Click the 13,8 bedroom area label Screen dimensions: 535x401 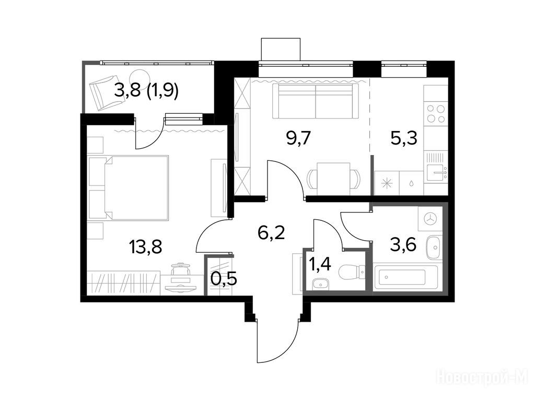point(146,246)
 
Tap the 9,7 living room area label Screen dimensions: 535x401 point(298,139)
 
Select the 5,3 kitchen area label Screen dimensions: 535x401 point(404,138)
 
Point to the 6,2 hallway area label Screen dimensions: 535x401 point(271,233)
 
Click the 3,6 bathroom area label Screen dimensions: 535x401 point(403,244)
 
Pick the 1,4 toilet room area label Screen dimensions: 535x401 point(319,264)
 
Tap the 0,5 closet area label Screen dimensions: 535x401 point(224,279)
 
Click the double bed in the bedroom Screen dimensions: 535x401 point(129,187)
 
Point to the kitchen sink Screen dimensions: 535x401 point(436,172)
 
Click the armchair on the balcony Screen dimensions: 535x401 point(100,93)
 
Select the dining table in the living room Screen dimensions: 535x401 point(333,179)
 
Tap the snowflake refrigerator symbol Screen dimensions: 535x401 point(387,183)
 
